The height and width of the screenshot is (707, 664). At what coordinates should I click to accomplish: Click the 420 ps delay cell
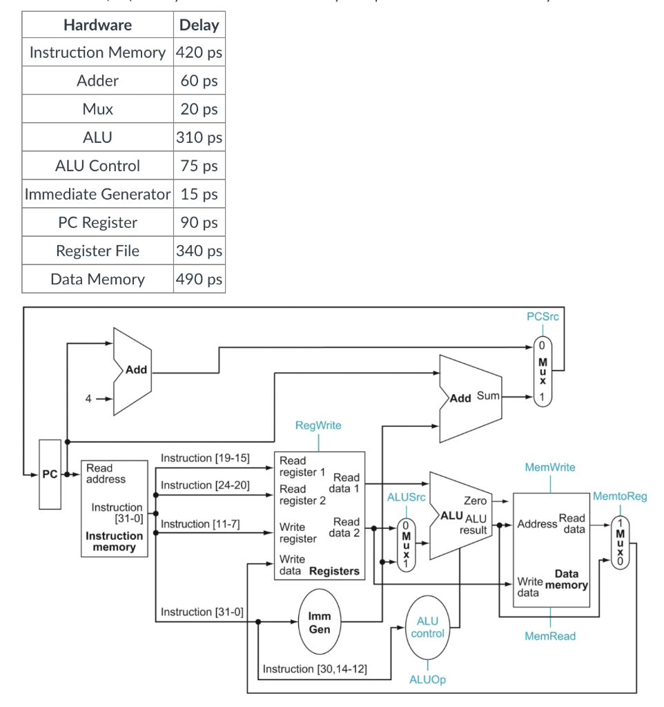click(199, 52)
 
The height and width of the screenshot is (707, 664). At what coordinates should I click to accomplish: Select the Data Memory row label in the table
click(97, 279)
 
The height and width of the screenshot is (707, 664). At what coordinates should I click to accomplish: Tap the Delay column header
click(199, 25)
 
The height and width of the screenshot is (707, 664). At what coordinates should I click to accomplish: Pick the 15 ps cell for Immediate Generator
click(199, 194)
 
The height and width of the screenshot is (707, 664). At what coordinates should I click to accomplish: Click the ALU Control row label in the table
click(97, 166)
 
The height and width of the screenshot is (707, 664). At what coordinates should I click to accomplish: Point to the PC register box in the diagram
click(50, 474)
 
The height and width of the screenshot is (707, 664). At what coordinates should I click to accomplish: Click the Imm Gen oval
click(319, 622)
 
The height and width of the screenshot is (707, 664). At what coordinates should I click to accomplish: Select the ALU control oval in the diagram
click(427, 627)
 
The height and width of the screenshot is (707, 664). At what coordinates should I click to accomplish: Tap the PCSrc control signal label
click(542, 317)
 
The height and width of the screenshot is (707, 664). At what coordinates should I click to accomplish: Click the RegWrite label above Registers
click(318, 425)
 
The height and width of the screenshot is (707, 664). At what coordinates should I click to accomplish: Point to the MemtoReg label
click(619, 496)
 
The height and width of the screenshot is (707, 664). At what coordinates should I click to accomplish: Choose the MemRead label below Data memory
click(549, 636)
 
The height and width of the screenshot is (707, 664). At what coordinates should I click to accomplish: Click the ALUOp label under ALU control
click(427, 679)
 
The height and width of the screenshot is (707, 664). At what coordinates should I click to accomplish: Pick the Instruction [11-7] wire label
click(200, 524)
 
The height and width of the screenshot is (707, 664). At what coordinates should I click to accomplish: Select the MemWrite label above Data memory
click(549, 467)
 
